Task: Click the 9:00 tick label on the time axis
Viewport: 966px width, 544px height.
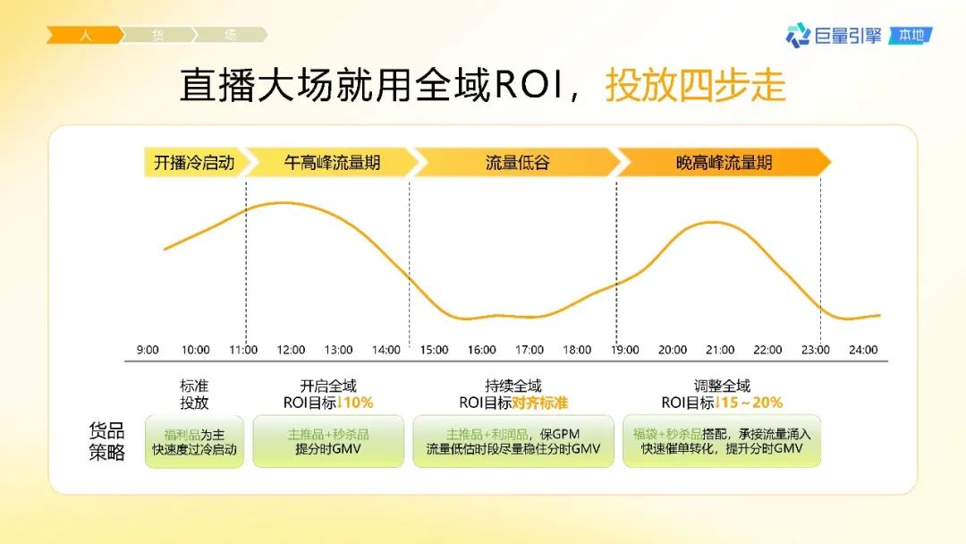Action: [148, 350]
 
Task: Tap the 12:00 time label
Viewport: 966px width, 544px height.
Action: [291, 350]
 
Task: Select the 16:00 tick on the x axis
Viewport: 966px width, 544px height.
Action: [482, 350]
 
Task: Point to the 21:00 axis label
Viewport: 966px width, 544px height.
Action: [720, 350]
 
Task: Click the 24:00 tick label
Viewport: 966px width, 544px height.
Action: [863, 350]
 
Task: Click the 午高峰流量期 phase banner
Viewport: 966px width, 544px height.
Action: [332, 163]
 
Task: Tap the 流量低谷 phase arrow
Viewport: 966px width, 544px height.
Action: [517, 163]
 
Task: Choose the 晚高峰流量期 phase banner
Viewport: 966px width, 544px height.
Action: [724, 163]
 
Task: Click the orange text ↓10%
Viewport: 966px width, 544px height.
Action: [355, 403]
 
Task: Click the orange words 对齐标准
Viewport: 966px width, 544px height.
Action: [539, 403]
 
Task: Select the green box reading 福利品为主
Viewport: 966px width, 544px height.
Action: [195, 441]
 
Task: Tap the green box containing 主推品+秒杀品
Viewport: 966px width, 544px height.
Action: [328, 441]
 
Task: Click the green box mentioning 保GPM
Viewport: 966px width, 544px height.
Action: [513, 441]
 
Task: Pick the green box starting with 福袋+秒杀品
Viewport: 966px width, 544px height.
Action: [722, 441]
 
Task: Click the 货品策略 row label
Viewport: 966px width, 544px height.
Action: [106, 441]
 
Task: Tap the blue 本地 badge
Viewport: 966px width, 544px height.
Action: [911, 36]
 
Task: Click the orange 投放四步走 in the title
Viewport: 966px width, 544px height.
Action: [696, 85]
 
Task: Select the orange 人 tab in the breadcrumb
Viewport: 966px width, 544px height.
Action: [84, 35]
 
